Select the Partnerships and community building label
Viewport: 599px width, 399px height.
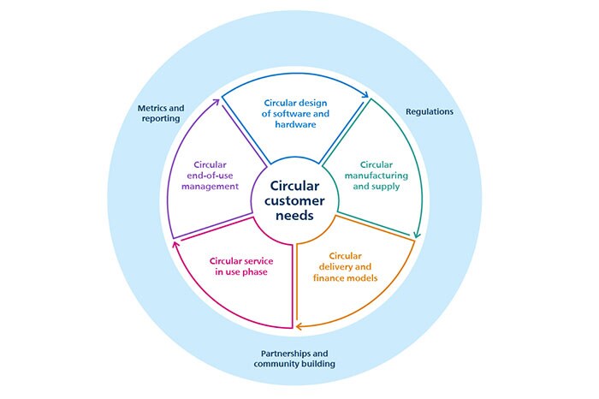(x=294, y=359)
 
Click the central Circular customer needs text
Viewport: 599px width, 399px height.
(x=294, y=200)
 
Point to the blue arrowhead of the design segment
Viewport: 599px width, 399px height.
(x=366, y=97)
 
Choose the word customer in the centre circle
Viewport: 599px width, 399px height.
(x=294, y=200)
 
